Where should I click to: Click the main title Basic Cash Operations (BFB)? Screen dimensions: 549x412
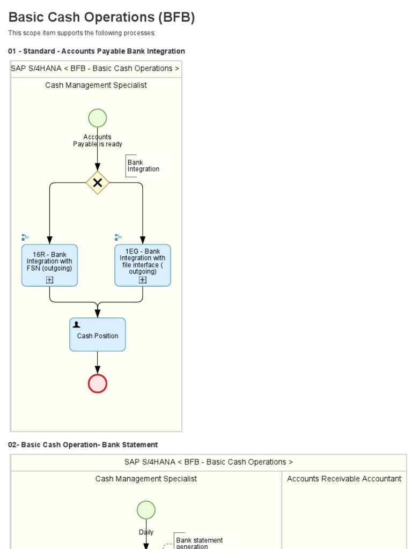101,17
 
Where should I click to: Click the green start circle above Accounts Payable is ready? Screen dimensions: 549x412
97,118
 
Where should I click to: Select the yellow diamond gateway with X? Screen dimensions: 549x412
98,183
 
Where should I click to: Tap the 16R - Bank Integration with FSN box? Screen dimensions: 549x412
49,262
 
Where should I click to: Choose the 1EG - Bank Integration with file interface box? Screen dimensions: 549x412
143,262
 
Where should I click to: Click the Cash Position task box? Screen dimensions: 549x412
98,336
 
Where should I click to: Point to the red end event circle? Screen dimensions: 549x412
98,383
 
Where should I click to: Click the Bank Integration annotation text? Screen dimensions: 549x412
143,166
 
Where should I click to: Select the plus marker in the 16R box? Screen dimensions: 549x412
49,279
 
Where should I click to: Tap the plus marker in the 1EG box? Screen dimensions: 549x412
143,279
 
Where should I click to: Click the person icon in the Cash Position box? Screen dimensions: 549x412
76,324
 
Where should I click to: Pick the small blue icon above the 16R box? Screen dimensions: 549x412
25,237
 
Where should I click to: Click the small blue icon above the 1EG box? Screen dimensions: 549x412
118,237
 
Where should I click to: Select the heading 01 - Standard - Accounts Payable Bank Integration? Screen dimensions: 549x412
97,51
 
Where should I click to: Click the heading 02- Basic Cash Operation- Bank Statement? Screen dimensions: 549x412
83,444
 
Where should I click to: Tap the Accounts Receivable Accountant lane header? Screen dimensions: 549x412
344,479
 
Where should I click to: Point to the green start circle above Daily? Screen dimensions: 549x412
146,509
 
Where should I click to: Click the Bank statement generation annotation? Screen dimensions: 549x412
199,543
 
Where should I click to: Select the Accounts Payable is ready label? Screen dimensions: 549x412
98,140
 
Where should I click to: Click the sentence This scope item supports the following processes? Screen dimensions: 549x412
82,33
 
